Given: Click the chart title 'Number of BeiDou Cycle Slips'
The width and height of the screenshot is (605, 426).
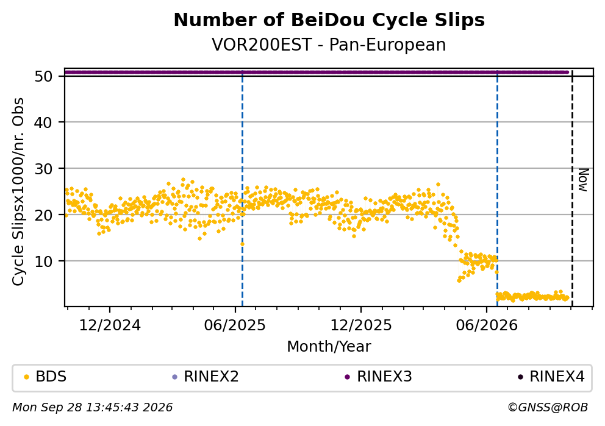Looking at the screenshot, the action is [329, 20].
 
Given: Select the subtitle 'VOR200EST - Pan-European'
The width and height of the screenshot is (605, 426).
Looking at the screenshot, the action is [329, 44].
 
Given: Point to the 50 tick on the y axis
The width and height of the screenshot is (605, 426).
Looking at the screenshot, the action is [43, 76].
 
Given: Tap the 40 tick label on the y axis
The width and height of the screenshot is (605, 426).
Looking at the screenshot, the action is [43, 122].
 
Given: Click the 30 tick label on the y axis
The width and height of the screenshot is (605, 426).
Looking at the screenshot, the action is [43, 169].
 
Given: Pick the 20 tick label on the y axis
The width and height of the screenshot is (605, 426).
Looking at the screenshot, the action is [43, 215].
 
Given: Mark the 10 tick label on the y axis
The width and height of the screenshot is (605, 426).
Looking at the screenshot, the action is [43, 261].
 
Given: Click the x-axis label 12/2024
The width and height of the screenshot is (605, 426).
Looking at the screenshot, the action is [110, 326].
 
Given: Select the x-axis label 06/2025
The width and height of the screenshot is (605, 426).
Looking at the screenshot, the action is [235, 326].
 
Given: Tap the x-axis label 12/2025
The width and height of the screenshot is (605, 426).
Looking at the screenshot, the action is [361, 326].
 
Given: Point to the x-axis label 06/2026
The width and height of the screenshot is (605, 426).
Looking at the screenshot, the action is [487, 326].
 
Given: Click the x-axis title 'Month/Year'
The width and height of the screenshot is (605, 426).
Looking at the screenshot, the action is [329, 347].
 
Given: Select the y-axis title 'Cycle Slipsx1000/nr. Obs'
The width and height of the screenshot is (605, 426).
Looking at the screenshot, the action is [18, 191].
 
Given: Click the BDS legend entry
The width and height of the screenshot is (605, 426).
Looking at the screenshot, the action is [45, 377].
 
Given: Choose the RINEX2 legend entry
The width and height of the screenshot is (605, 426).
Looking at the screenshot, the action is [206, 377].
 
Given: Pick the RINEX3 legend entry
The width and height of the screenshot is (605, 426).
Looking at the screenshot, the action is [379, 377].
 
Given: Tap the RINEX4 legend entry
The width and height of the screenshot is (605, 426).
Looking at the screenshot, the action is [551, 377].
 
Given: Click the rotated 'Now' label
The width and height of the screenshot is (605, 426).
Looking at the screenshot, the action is [583, 180].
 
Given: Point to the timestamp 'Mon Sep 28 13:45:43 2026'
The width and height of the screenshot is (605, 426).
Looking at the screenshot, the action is [93, 408].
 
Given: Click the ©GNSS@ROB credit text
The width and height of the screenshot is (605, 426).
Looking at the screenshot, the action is [548, 408].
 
